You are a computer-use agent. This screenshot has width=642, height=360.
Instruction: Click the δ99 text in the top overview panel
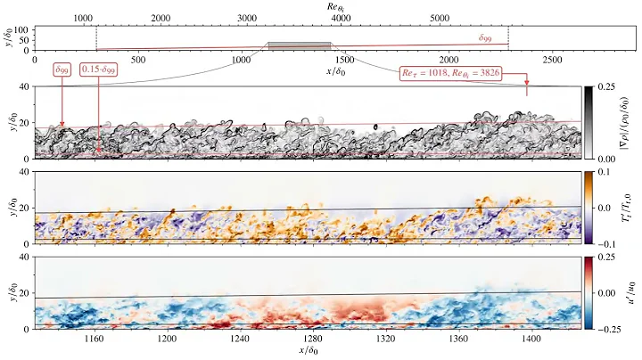tap(488, 38)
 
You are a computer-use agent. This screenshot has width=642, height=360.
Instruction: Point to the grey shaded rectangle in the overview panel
tap(300, 45)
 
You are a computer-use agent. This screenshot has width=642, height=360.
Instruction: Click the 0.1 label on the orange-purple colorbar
tap(603, 171)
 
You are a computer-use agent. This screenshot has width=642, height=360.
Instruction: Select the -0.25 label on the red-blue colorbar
tap(608, 329)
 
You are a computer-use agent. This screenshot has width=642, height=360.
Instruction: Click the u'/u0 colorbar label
tap(632, 292)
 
